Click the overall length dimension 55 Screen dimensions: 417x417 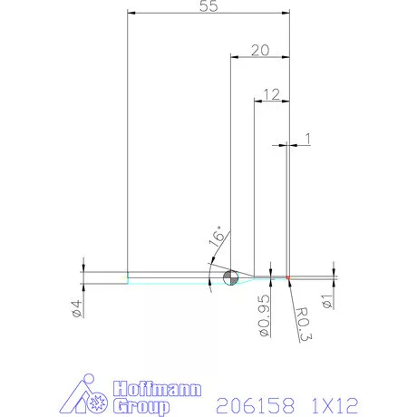pos(208,6)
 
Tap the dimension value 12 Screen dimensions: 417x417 pos(270,93)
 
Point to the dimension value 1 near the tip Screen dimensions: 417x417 pos(308,138)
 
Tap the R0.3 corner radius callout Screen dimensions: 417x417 pos(304,321)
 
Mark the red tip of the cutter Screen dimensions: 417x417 pos(287,276)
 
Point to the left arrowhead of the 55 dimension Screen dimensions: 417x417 pos(131,14)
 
